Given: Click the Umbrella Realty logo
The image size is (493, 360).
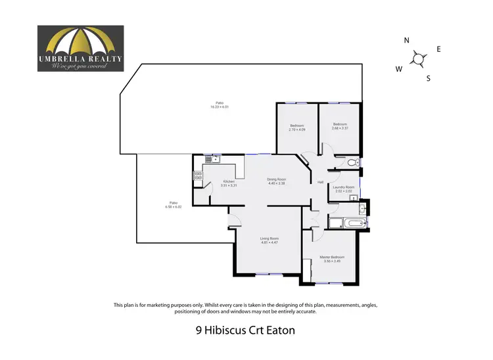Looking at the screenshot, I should point(80,49).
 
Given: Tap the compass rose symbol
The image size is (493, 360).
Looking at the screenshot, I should point(418,59).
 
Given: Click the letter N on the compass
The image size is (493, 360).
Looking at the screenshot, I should point(407,41).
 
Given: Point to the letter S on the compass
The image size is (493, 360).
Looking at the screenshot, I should point(429,79).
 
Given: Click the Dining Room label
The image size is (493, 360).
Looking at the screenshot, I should point(276,179).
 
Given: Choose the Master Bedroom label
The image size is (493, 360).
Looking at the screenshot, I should point(331,257).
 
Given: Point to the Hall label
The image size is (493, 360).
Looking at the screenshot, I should point(320,182).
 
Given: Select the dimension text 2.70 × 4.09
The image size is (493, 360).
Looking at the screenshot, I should point(297,129).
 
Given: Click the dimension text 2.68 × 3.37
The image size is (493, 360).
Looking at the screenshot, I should point(339,128).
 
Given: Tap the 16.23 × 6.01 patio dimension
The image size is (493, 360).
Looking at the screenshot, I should point(220,106).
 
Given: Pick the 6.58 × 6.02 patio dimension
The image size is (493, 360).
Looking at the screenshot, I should point(172,206).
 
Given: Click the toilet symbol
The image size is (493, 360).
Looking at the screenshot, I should point(352,162).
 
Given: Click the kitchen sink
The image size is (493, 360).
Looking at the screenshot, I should point(212,158).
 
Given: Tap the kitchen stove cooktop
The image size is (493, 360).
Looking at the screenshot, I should point(197,175).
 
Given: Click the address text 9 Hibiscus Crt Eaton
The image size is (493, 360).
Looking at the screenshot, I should point(246,330).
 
